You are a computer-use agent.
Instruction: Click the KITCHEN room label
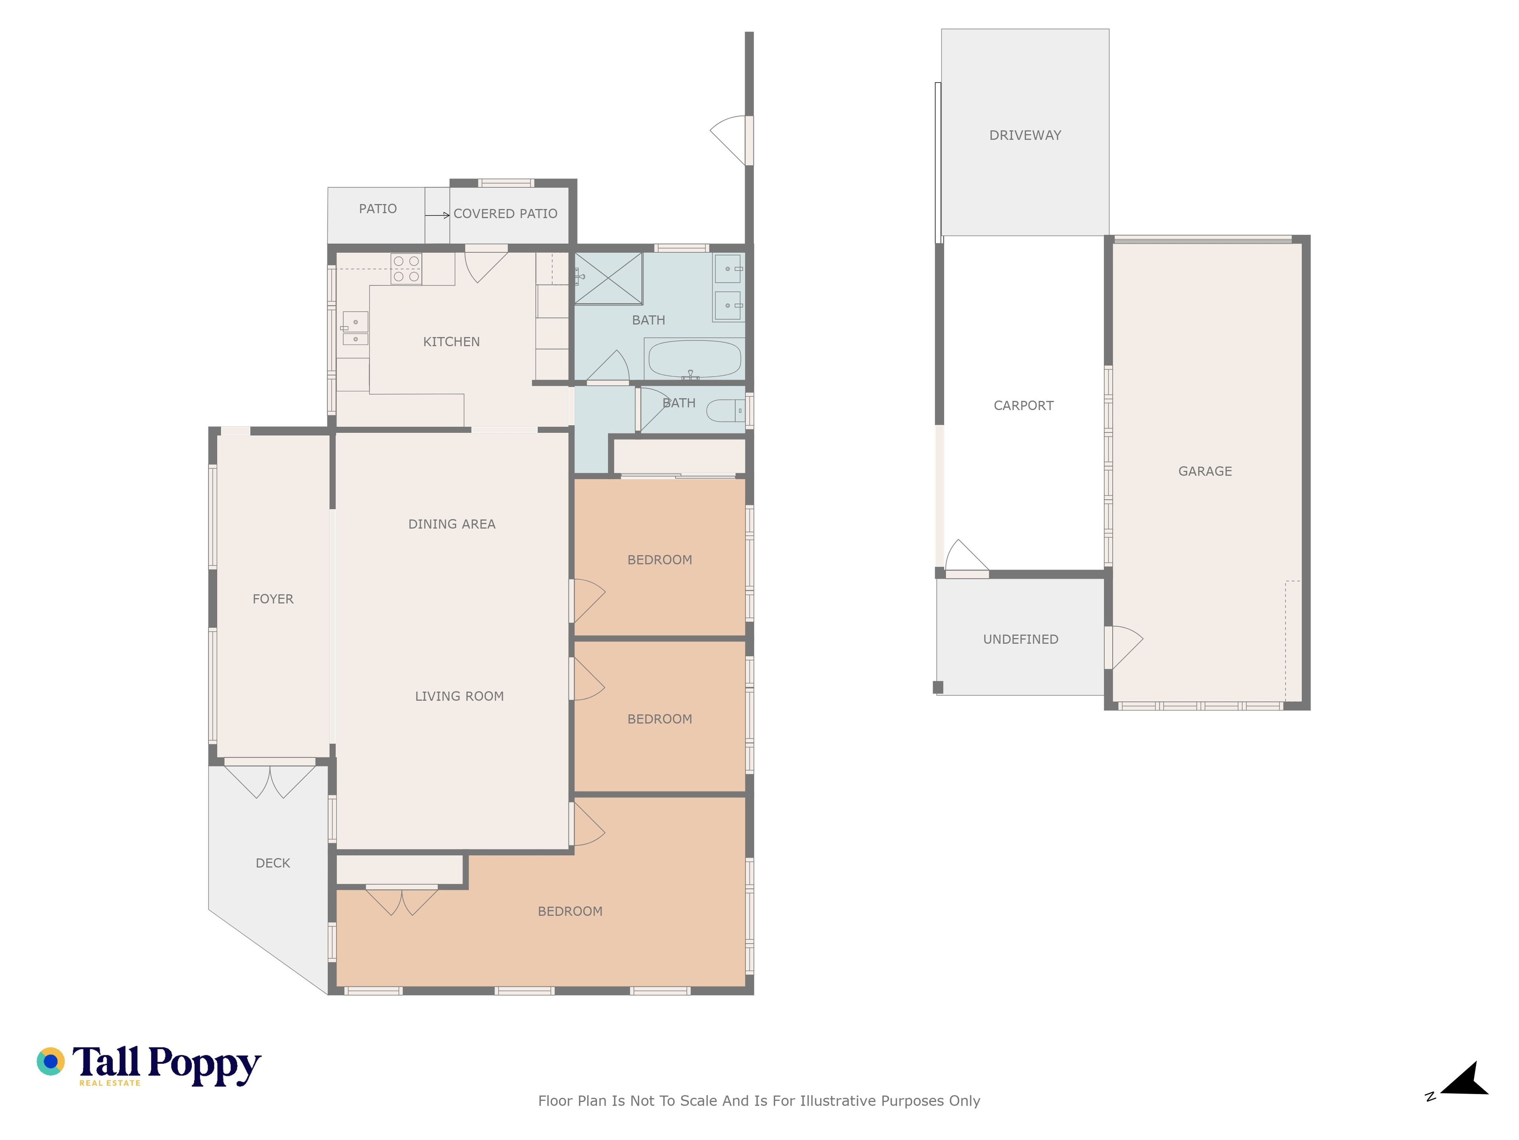pyautogui.click(x=451, y=342)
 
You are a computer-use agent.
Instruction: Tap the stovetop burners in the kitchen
pyautogui.click(x=406, y=269)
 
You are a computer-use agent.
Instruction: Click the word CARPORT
pyautogui.click(x=1023, y=405)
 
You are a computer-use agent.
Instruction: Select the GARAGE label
pyautogui.click(x=1205, y=471)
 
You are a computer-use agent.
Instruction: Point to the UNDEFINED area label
pyautogui.click(x=1021, y=639)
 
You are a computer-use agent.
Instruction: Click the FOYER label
pyautogui.click(x=273, y=599)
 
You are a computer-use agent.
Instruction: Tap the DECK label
pyautogui.click(x=273, y=863)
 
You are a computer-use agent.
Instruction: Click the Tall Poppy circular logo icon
pyautogui.click(x=51, y=1062)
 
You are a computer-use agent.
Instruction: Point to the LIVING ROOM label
pyautogui.click(x=459, y=696)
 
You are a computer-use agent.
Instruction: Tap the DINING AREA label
pyautogui.click(x=452, y=524)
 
